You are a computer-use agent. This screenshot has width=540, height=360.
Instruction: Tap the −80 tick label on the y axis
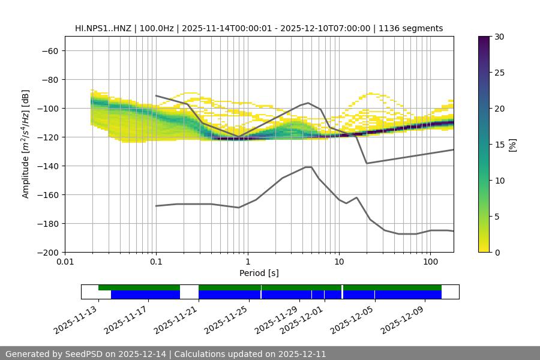(x=49, y=79)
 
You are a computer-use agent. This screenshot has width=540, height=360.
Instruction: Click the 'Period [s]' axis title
(x=259, y=273)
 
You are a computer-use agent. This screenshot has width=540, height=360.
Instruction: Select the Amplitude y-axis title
(x=26, y=144)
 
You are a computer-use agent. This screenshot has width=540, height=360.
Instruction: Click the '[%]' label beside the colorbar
(x=513, y=144)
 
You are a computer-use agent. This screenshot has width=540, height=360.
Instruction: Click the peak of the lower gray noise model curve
(x=308, y=167)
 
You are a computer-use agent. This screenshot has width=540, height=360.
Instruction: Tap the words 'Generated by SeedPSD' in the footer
(x=55, y=354)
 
